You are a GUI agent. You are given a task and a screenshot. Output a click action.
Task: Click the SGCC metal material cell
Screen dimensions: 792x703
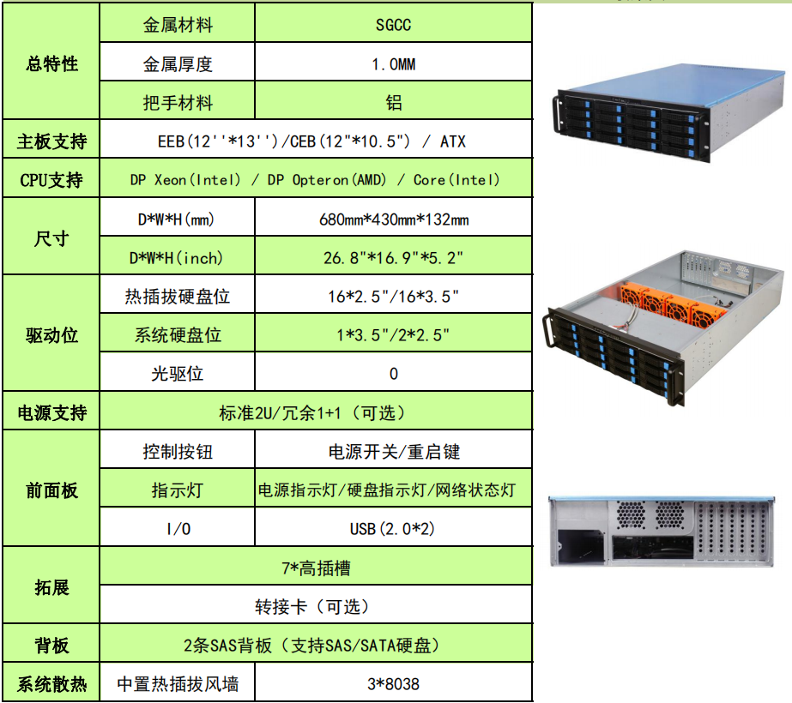[x=393, y=25]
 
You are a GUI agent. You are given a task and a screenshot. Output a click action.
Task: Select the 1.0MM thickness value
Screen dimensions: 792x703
[x=393, y=64]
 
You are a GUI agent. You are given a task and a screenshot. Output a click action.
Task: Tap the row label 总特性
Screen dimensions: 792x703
[x=51, y=64]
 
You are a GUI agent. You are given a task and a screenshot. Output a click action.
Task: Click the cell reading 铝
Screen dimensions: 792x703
[x=393, y=103]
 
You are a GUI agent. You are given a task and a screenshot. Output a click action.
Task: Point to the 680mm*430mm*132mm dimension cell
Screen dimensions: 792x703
[x=393, y=219]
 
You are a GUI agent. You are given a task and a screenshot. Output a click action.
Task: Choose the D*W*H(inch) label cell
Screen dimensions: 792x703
[x=177, y=258]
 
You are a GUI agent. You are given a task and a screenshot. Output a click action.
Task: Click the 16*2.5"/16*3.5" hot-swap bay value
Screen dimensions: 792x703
[x=393, y=297]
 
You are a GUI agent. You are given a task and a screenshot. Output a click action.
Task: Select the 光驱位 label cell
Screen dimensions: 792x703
[x=177, y=374]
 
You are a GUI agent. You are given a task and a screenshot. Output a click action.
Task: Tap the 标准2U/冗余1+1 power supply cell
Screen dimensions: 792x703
[x=316, y=412]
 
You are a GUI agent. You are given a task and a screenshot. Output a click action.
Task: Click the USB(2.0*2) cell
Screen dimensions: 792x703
[x=393, y=528]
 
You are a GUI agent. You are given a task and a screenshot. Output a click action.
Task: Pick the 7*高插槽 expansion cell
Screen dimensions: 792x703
[x=316, y=568]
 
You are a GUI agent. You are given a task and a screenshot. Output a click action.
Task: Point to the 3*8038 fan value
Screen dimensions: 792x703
[x=393, y=684]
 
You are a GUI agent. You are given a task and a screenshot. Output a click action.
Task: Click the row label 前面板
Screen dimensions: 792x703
[x=51, y=490]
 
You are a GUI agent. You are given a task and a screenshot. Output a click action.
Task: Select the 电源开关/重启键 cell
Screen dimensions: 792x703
[x=393, y=451]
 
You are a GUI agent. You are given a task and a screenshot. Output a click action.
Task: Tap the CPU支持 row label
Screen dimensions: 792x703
[x=51, y=180]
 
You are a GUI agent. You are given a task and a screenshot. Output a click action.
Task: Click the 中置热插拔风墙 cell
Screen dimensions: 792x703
[x=177, y=684]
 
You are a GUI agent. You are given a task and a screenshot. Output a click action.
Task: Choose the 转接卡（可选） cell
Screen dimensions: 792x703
[x=316, y=606]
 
